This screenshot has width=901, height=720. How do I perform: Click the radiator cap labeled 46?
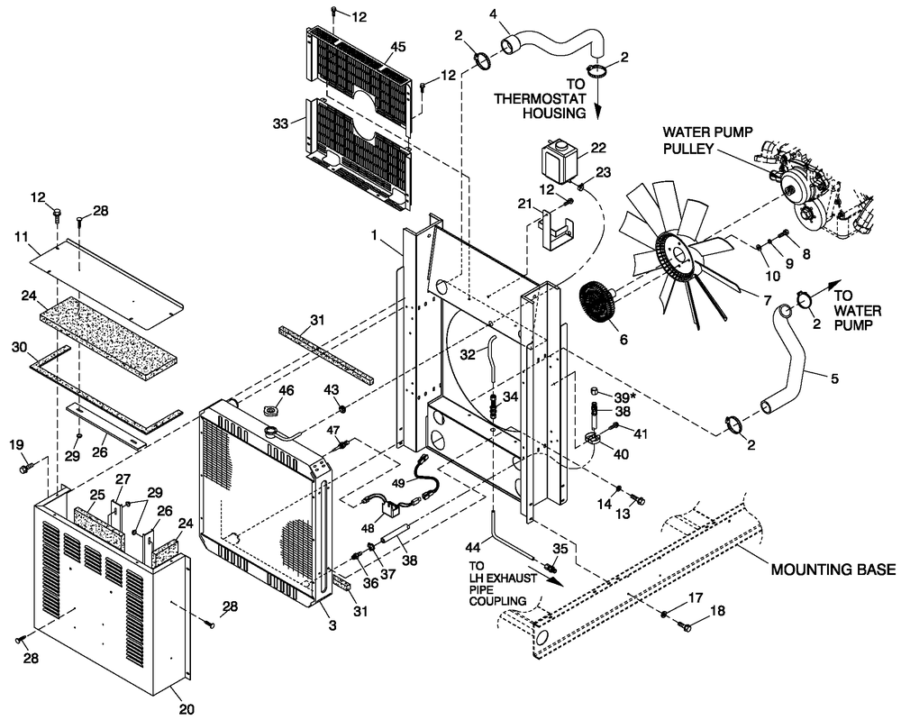[x=273, y=413]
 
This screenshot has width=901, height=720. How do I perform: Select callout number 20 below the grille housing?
[x=186, y=709]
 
